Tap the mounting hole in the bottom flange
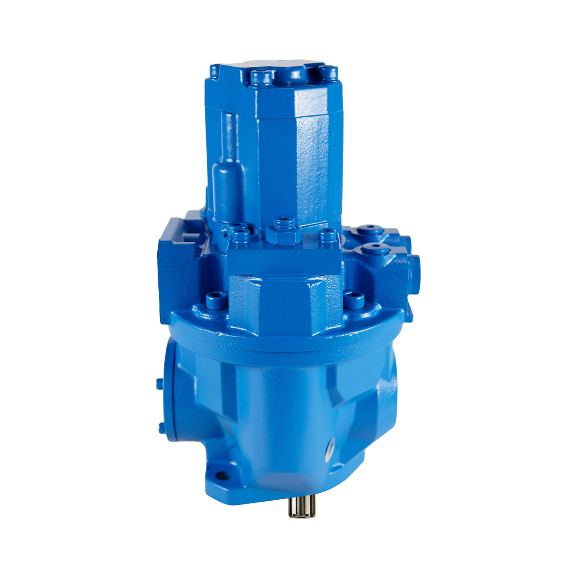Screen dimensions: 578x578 (x=220, y=475)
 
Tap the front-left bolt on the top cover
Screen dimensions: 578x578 (x=262, y=77)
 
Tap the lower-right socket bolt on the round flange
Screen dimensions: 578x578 (x=354, y=300)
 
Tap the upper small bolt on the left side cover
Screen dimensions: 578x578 (x=160, y=383)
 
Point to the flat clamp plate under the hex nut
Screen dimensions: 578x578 (x=284, y=258)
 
